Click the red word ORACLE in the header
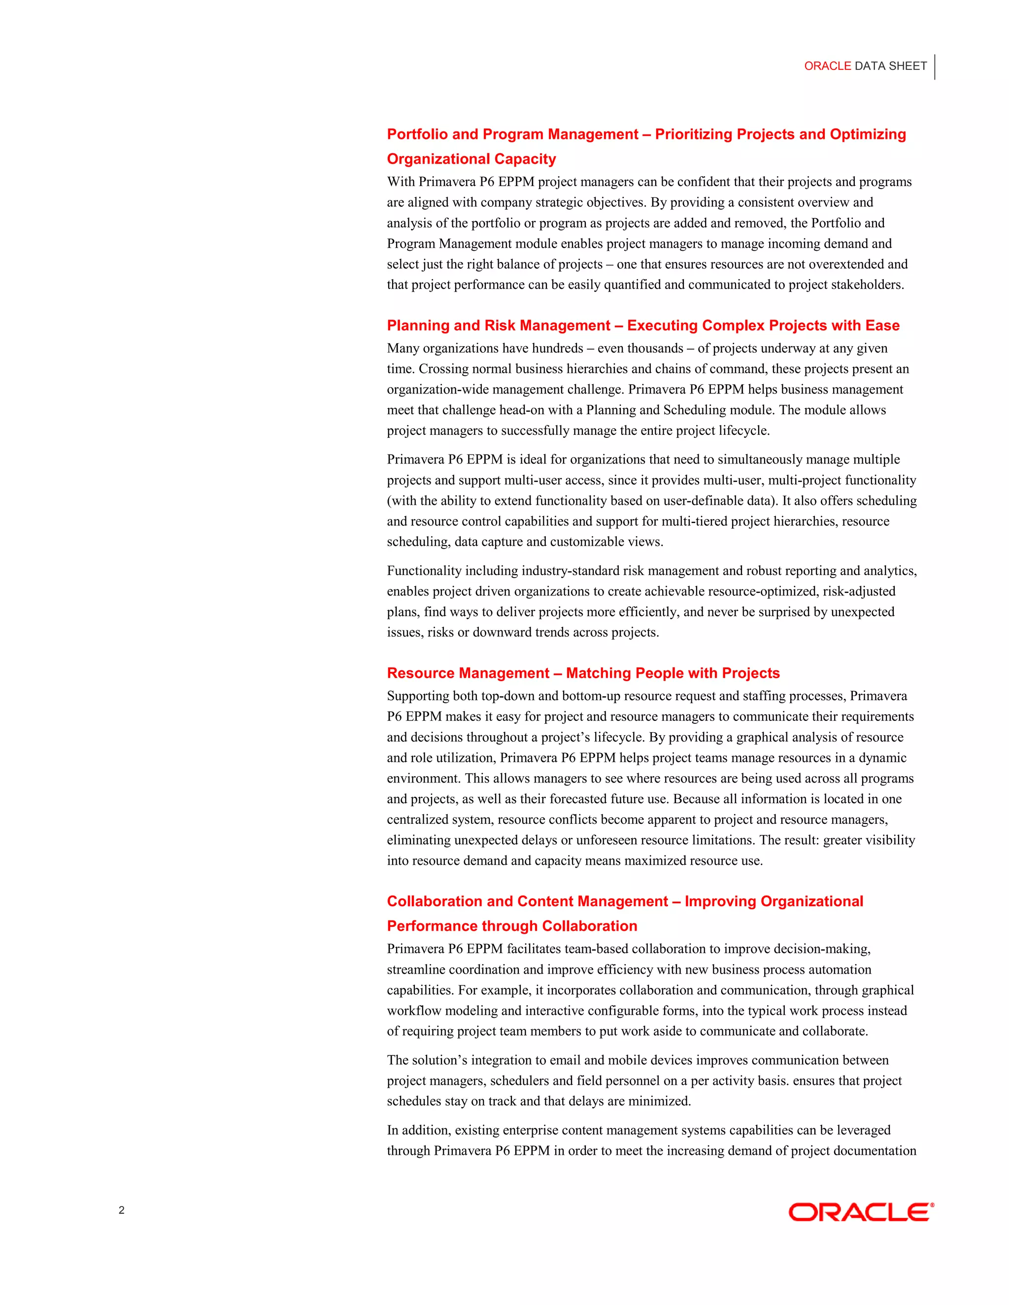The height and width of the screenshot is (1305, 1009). tap(827, 66)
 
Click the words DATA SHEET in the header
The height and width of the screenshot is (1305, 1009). tap(891, 66)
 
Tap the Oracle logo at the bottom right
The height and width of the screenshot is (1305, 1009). tap(861, 1212)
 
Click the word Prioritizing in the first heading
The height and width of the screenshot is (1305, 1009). tap(693, 134)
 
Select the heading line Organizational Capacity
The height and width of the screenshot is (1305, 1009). tap(471, 159)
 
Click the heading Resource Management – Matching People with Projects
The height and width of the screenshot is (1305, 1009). tap(583, 673)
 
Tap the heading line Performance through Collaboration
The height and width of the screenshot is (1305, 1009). tap(512, 926)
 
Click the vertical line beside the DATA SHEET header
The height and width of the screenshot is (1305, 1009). tap(934, 67)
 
